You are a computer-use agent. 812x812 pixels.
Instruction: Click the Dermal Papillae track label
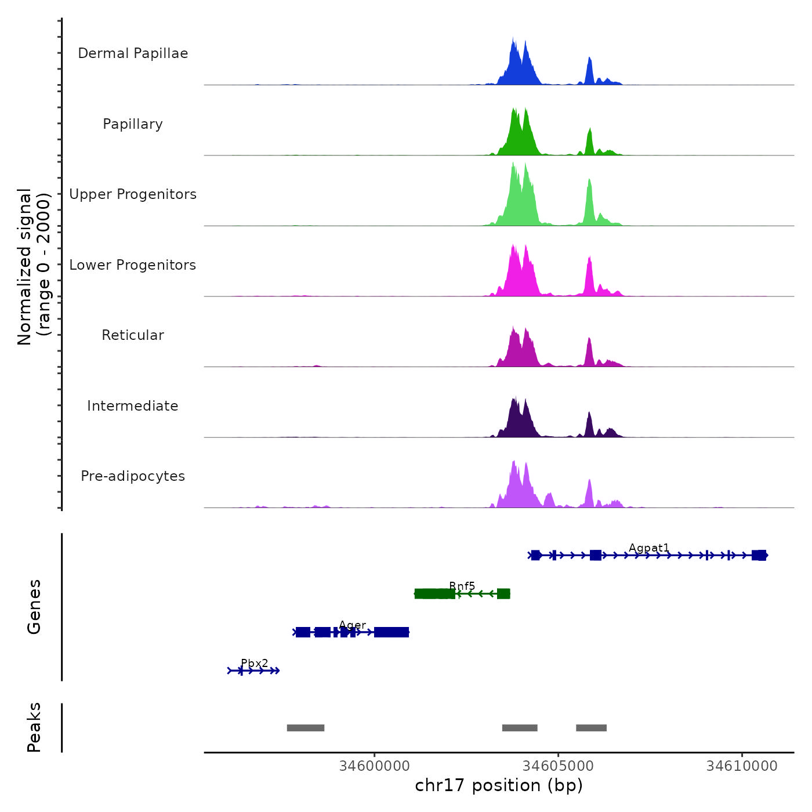point(133,53)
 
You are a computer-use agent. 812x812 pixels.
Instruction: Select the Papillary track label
point(133,124)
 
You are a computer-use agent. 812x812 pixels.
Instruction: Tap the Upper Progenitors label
point(133,194)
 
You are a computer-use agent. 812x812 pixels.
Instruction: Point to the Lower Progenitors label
point(133,265)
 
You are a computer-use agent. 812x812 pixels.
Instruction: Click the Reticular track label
point(133,335)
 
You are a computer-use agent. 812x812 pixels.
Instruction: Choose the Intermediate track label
point(133,406)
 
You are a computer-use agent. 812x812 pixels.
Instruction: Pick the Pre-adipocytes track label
point(133,476)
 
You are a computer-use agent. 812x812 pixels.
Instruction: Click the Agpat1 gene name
point(649,548)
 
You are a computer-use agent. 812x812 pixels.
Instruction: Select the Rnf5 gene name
point(462,586)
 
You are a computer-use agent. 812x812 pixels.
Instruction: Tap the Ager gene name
point(353,625)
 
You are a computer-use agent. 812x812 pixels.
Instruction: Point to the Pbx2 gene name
point(255,664)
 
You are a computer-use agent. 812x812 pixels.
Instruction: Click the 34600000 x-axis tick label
point(375,766)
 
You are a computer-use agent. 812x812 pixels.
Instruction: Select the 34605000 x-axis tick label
point(559,766)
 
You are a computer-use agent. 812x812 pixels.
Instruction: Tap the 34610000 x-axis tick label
point(742,766)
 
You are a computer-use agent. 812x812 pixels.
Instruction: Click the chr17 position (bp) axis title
point(499,785)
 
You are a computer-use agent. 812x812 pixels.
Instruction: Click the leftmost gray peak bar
point(306,728)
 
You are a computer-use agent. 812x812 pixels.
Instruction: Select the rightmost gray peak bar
point(591,728)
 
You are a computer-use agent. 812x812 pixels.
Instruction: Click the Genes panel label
point(34,607)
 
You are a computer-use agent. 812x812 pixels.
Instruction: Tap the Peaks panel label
point(34,727)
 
